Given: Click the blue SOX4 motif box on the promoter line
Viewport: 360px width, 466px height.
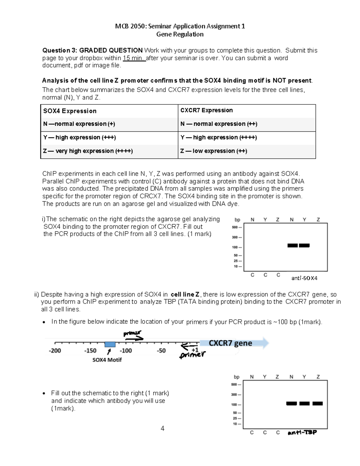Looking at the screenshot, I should tap(110, 344).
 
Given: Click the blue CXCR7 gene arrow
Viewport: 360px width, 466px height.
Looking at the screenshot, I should tap(234, 343).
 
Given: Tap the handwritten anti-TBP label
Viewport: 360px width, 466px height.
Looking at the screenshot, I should tap(302, 432).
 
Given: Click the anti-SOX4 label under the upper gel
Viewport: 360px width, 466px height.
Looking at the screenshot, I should tap(304, 278).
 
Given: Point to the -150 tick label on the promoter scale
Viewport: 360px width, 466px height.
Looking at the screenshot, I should tap(90, 350).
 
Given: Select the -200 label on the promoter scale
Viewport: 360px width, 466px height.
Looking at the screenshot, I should tap(55, 350).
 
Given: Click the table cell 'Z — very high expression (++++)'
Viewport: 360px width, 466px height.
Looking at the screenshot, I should tap(88, 151).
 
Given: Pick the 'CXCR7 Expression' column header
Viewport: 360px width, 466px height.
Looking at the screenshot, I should tap(206, 110).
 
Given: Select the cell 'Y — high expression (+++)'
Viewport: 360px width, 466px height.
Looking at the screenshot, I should tap(79, 137).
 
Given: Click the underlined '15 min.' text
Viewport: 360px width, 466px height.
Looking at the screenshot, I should tap(134, 58).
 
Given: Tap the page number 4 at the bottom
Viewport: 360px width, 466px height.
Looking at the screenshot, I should tap(162, 428).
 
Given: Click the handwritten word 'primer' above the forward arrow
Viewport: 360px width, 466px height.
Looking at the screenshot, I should tap(132, 333).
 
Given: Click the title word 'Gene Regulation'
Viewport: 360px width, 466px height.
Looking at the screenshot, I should tap(180, 34).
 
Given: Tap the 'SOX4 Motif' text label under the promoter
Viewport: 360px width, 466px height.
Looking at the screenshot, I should tap(107, 360).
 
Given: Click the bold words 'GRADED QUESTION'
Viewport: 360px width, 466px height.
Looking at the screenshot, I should tap(111, 50).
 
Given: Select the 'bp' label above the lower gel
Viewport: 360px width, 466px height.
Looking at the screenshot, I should tap(236, 377).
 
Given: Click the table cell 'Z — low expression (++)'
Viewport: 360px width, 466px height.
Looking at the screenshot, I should tap(214, 151).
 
